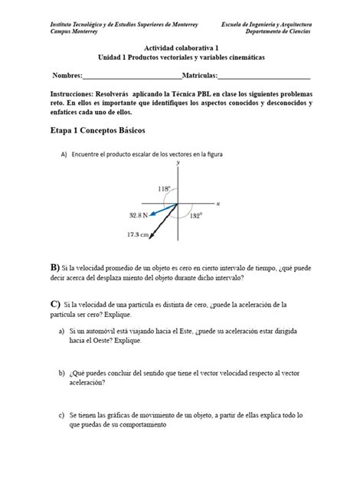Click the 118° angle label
[164, 188]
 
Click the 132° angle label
[195, 216]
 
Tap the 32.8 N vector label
[139, 217]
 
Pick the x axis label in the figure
[218, 204]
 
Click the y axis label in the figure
[178, 163]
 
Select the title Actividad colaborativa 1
[181, 47]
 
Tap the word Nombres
[67, 76]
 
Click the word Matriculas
[200, 76]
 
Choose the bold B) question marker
[54, 267]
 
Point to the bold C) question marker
[54, 304]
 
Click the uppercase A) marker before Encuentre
[64, 154]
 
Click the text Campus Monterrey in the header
[74, 32]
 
